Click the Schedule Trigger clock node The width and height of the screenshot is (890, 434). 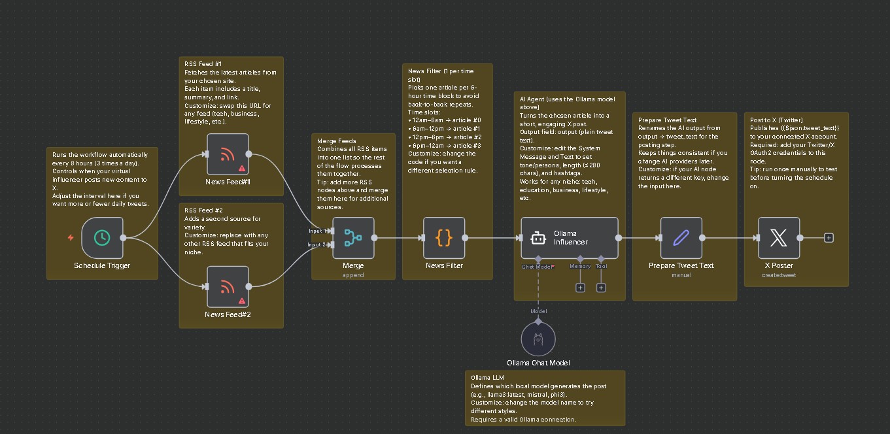(102, 238)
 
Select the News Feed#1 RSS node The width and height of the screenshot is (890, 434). (228, 154)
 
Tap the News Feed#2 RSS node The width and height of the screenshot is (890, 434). (228, 286)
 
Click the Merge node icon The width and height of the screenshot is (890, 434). (353, 238)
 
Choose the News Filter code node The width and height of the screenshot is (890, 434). (444, 238)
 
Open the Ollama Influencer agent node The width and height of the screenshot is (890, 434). (569, 238)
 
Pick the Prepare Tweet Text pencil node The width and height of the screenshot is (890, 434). (681, 238)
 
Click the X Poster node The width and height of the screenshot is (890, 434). (778, 238)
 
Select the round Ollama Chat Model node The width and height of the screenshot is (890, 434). (538, 339)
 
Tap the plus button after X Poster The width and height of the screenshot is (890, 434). (829, 238)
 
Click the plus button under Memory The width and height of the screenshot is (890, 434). (580, 288)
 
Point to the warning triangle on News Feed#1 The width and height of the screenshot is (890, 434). (242, 170)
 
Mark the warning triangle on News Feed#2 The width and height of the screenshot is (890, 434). (242, 301)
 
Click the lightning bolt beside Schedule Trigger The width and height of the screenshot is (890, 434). (71, 238)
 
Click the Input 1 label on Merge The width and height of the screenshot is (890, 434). (318, 231)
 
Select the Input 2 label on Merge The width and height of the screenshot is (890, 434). (318, 244)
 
